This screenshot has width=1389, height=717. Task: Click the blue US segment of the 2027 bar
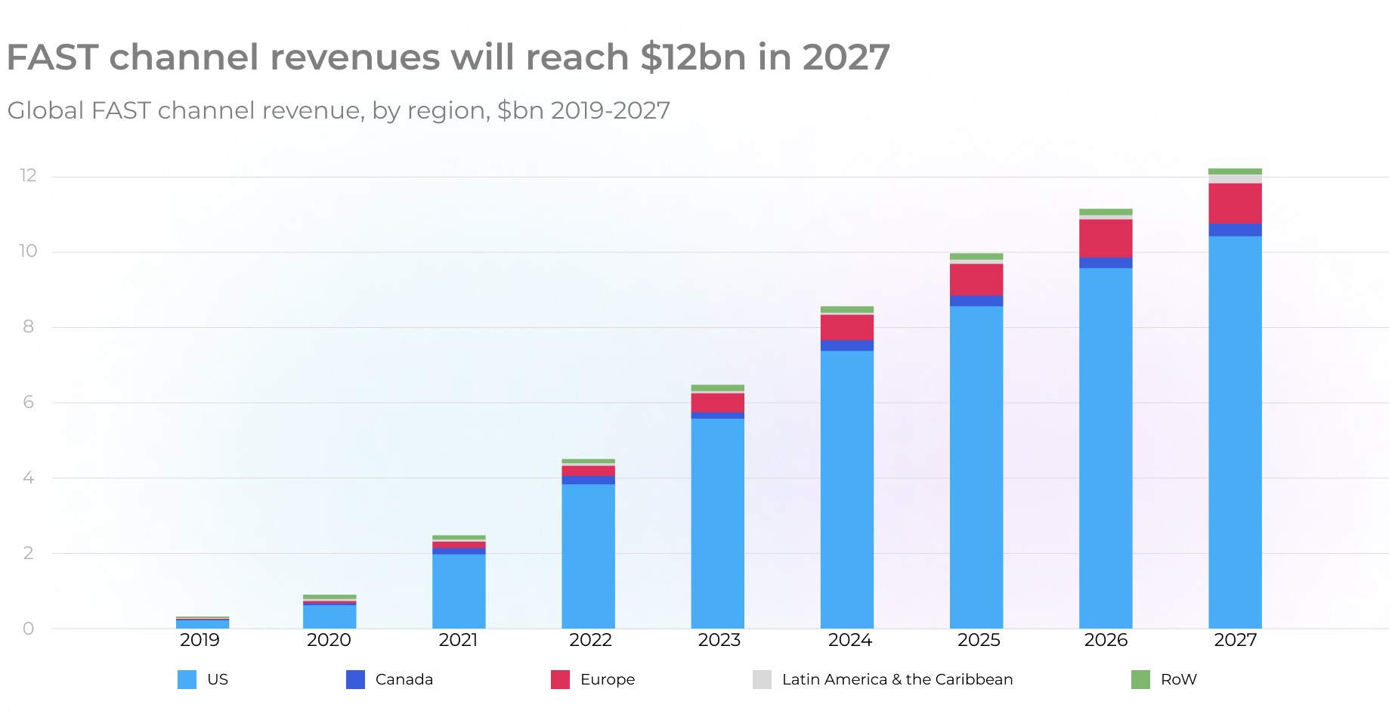[1235, 431]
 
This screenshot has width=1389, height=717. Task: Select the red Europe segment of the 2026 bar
[1106, 238]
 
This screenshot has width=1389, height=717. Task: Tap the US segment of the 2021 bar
[459, 591]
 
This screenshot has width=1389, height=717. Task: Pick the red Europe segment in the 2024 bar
[847, 327]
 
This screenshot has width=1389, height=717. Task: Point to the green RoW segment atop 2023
[717, 388]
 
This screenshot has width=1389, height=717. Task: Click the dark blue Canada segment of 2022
[588, 480]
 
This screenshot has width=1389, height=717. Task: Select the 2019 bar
[203, 623]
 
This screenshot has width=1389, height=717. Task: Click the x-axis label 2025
[979, 641]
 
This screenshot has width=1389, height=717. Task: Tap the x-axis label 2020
[329, 641]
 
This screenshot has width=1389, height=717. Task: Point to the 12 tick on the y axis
[28, 176]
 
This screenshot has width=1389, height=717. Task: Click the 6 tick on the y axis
[28, 402]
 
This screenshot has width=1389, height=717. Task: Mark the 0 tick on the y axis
[28, 629]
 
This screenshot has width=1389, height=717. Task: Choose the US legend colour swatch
[187, 679]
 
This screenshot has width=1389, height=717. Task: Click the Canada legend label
[404, 679]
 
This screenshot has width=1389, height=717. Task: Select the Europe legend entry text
[608, 679]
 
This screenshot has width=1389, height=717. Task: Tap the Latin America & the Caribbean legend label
[897, 679]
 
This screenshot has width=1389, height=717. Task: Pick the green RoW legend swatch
[1140, 679]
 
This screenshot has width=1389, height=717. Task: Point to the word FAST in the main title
[52, 57]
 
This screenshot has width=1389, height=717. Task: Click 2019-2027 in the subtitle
[610, 110]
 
